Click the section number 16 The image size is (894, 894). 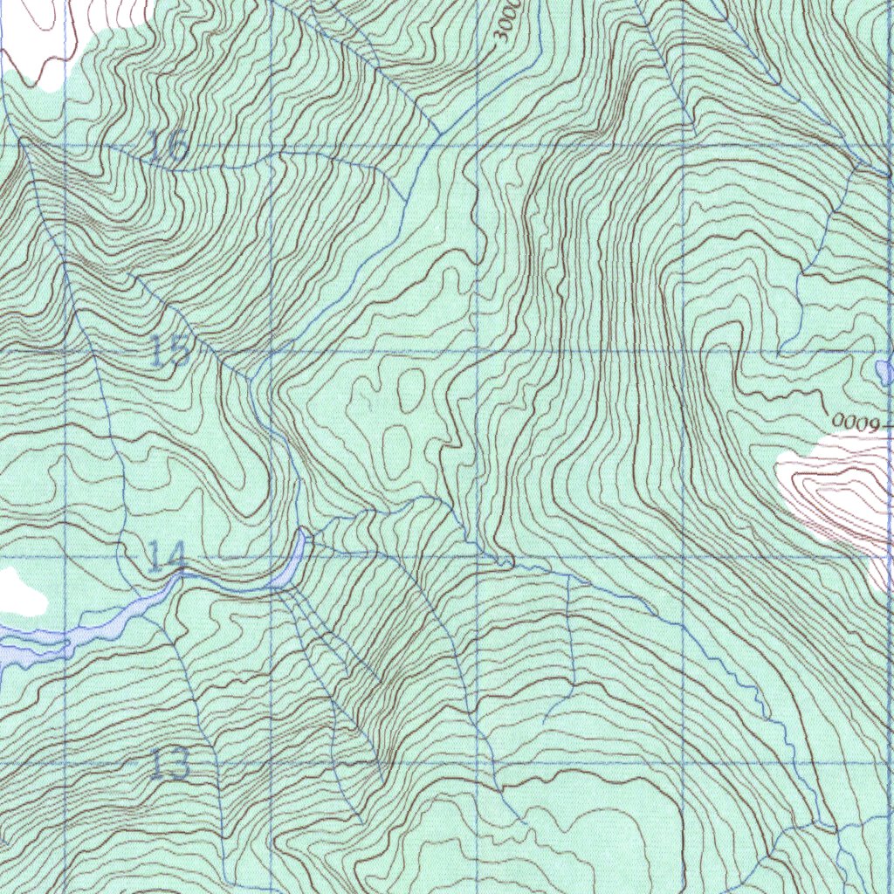[x=167, y=147]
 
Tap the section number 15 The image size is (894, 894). [x=169, y=350]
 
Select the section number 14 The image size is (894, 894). [x=166, y=556]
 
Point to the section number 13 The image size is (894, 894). [x=168, y=764]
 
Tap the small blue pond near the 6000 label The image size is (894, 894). [x=885, y=373]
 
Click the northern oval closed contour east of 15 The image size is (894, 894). [x=410, y=389]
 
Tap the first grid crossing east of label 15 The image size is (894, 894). [x=272, y=352]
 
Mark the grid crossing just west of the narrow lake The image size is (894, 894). [x=272, y=557]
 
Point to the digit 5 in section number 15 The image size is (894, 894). [x=179, y=350]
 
